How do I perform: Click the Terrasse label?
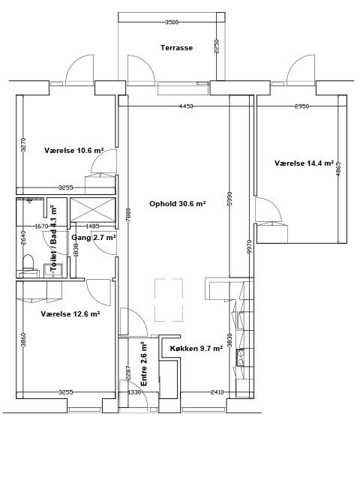click(x=177, y=48)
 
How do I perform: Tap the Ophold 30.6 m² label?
click(x=177, y=203)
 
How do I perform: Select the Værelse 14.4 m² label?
click(x=304, y=163)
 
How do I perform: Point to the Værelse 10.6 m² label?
click(x=73, y=150)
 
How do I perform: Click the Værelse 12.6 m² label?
click(x=70, y=313)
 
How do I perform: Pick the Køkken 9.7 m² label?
click(x=196, y=348)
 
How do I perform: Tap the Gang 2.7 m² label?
click(x=94, y=237)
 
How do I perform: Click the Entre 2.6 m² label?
click(x=143, y=364)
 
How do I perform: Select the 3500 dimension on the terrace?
click(x=172, y=22)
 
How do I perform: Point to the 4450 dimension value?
click(x=186, y=106)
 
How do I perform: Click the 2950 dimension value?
click(x=301, y=106)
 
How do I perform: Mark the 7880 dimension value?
click(x=128, y=215)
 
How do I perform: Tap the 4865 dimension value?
click(x=338, y=169)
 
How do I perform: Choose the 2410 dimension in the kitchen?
click(x=217, y=392)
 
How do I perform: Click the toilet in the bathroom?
click(x=28, y=262)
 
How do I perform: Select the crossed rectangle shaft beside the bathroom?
click(x=93, y=209)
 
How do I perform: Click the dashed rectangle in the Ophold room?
click(x=169, y=300)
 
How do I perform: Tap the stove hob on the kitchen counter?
click(x=240, y=357)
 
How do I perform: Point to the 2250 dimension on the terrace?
click(x=217, y=46)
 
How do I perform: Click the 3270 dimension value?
click(x=24, y=145)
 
